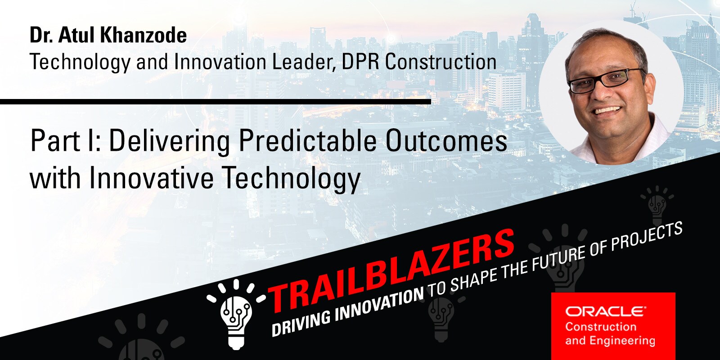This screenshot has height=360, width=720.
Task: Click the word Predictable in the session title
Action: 307,141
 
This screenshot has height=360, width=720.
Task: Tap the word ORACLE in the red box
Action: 605,311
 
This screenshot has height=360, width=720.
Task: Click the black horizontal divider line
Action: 216,102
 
